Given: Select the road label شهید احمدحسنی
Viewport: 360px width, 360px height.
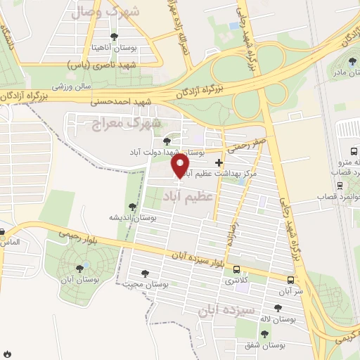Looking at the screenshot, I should point(121,102).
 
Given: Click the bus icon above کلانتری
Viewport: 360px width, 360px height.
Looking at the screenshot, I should point(236,270).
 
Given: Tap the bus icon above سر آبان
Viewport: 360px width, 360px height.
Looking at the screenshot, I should point(290,279).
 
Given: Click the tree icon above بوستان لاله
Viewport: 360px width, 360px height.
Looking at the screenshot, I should point(277,308).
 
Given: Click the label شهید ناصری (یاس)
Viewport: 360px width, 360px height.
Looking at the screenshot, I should point(109,64).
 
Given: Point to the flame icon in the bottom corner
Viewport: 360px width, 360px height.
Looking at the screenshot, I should point(6,352).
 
